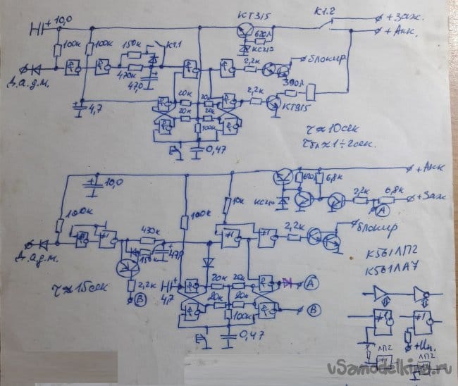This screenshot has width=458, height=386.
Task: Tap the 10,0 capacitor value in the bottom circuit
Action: pyautogui.click(x=113, y=183)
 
